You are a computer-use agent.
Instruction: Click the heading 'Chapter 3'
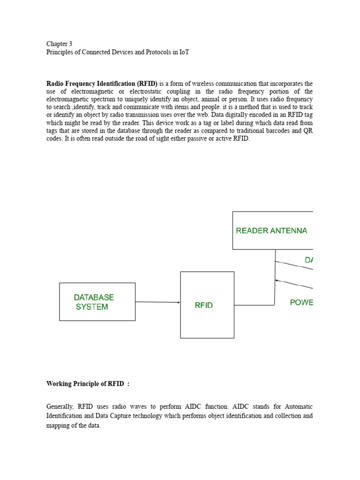[59, 44]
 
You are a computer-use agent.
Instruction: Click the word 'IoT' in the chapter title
[183, 52]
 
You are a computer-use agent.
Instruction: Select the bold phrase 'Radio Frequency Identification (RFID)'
[102, 83]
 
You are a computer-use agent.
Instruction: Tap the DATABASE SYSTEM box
[97, 302]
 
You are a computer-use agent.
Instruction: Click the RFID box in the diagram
[207, 305]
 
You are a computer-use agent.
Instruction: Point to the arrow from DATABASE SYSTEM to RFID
[157, 302]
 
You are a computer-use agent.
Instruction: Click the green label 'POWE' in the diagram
[301, 303]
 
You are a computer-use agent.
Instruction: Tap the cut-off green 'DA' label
[308, 260]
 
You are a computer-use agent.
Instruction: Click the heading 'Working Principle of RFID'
[87, 384]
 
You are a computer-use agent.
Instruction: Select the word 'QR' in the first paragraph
[308, 131]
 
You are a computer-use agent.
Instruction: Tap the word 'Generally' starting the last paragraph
[60, 406]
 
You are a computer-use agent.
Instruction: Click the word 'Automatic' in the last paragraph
[299, 406]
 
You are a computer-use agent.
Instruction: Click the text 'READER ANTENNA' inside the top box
[271, 231]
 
